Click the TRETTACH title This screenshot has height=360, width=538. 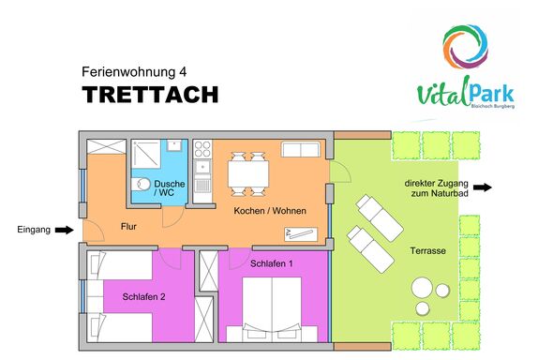point(150,95)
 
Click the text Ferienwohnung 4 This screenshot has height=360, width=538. point(134,72)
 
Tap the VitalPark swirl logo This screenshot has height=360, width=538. point(465,47)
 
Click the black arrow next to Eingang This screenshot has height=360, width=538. point(65,230)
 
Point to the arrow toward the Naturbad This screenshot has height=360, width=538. point(483,187)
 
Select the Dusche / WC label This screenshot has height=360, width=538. point(169,188)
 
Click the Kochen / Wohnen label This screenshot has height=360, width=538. point(270,210)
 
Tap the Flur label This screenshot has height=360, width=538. point(128,227)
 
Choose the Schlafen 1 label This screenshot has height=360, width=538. point(272,263)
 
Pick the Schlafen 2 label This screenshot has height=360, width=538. point(143,296)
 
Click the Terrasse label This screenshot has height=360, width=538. point(427,250)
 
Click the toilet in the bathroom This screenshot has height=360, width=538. point(141,185)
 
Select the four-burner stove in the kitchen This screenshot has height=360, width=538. point(202,149)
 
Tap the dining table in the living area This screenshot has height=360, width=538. point(248,174)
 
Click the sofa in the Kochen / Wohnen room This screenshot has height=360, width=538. point(301,149)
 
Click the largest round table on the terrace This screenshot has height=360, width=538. point(422,288)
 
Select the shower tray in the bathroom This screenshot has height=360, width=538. point(146,154)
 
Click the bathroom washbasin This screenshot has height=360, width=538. point(174,145)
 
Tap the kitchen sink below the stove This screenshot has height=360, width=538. point(202,168)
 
